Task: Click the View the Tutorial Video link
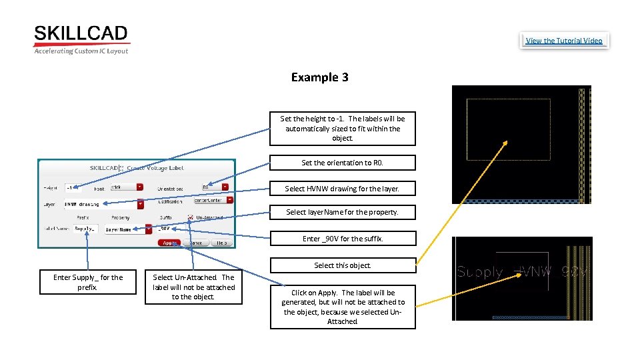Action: [x=563, y=41]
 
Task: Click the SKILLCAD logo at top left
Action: [x=81, y=39]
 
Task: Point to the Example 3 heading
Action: [x=319, y=77]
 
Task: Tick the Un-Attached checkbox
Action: [x=191, y=217]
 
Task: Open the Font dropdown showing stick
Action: [x=126, y=187]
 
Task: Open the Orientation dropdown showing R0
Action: [x=215, y=188]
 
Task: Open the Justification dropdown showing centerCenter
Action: [x=213, y=199]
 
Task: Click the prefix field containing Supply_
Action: [x=85, y=229]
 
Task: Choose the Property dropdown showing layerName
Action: [x=128, y=229]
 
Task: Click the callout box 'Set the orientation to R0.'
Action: [x=342, y=163]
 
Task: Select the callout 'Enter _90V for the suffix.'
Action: [x=342, y=238]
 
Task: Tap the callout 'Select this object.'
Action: [x=342, y=265]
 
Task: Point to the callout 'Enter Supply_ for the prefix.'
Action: [x=88, y=282]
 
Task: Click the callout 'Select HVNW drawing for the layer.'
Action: [x=342, y=189]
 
